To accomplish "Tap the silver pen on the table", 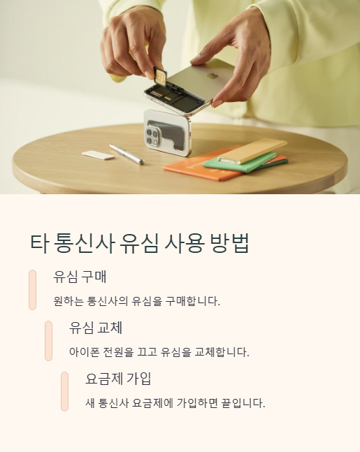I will point(126,154).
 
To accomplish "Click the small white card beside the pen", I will point(98,155).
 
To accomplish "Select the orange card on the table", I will point(189,170).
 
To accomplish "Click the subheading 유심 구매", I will point(80,276).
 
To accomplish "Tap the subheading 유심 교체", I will point(96,328).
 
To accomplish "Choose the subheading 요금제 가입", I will point(118,379).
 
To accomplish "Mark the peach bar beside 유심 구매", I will point(33,289).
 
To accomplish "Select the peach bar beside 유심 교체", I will point(49,340).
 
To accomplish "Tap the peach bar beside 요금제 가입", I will point(65,392).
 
